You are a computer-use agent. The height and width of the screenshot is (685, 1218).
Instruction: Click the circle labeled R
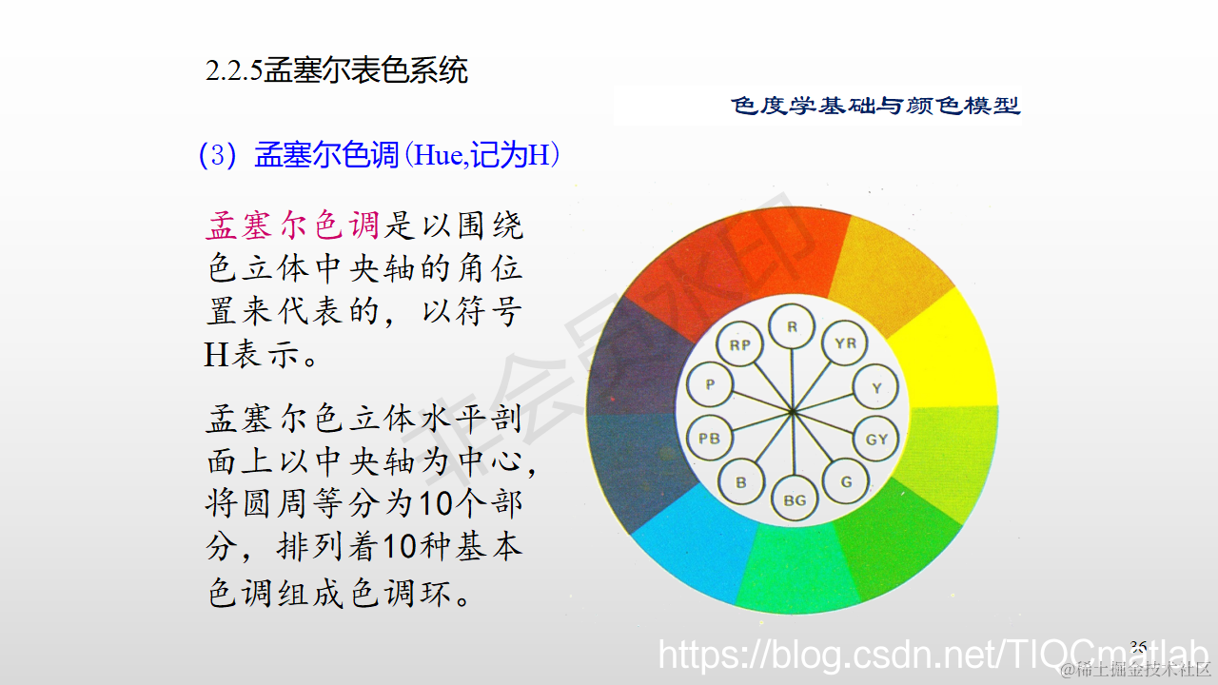[x=792, y=327]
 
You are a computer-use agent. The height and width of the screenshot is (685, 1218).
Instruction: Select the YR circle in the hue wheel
[x=845, y=344]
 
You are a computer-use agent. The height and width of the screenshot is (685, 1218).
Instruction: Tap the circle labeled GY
[x=876, y=439]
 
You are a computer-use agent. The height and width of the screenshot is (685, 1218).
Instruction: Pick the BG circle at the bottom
[x=794, y=499]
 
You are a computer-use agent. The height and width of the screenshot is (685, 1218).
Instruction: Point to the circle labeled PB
[x=709, y=439]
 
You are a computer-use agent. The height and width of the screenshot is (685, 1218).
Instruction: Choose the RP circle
[x=739, y=345]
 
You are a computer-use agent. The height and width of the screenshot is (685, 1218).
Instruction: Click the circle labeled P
[x=709, y=385]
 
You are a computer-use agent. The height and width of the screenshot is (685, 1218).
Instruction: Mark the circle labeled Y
[x=876, y=387]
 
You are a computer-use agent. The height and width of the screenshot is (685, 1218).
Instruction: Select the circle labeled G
[x=846, y=481]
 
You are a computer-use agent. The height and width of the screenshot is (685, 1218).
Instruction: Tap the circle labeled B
[x=740, y=482]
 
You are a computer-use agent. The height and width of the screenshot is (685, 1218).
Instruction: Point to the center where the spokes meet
[x=793, y=411]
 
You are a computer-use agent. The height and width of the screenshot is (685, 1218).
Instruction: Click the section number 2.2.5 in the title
[x=234, y=71]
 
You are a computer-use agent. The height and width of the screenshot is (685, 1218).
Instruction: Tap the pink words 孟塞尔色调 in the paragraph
[x=292, y=225]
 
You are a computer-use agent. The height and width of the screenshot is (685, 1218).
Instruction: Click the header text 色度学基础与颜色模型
[x=875, y=106]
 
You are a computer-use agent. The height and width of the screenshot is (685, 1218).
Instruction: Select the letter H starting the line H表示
[x=216, y=355]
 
